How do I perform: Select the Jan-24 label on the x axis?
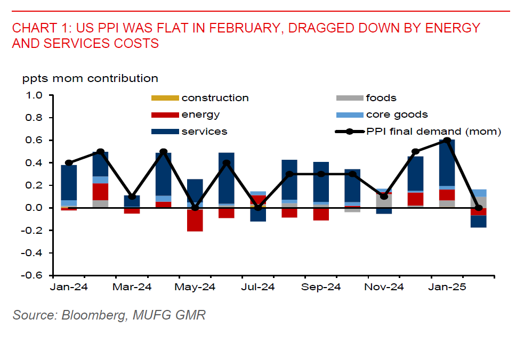[68, 287]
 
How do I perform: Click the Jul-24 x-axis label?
[257, 287]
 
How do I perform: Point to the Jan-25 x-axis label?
[447, 287]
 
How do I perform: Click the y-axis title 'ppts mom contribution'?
[90, 79]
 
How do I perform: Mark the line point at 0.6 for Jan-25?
[447, 141]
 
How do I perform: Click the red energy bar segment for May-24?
[195, 220]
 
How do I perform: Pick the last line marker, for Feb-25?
[478, 208]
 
